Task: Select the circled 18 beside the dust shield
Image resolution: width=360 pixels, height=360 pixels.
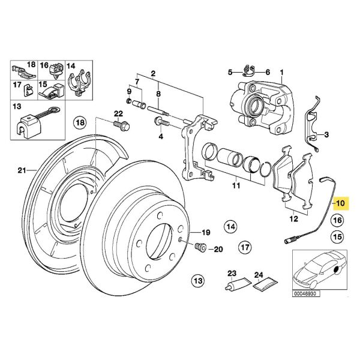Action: click(80, 123)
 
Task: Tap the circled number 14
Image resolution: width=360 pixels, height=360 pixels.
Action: click(231, 226)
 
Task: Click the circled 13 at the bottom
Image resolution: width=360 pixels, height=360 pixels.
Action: click(197, 280)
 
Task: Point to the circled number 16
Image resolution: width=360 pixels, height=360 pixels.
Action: click(337, 221)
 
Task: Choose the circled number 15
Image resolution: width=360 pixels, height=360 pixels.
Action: click(337, 237)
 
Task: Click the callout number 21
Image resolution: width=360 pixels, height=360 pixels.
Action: click(22, 170)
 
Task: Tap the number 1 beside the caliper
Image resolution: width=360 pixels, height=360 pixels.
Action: click(281, 73)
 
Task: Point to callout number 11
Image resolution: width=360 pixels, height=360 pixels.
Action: click(236, 187)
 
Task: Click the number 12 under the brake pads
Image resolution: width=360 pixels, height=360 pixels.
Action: click(292, 218)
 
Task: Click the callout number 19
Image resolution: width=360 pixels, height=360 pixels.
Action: click(205, 232)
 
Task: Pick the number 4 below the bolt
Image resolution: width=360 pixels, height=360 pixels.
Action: click(160, 136)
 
